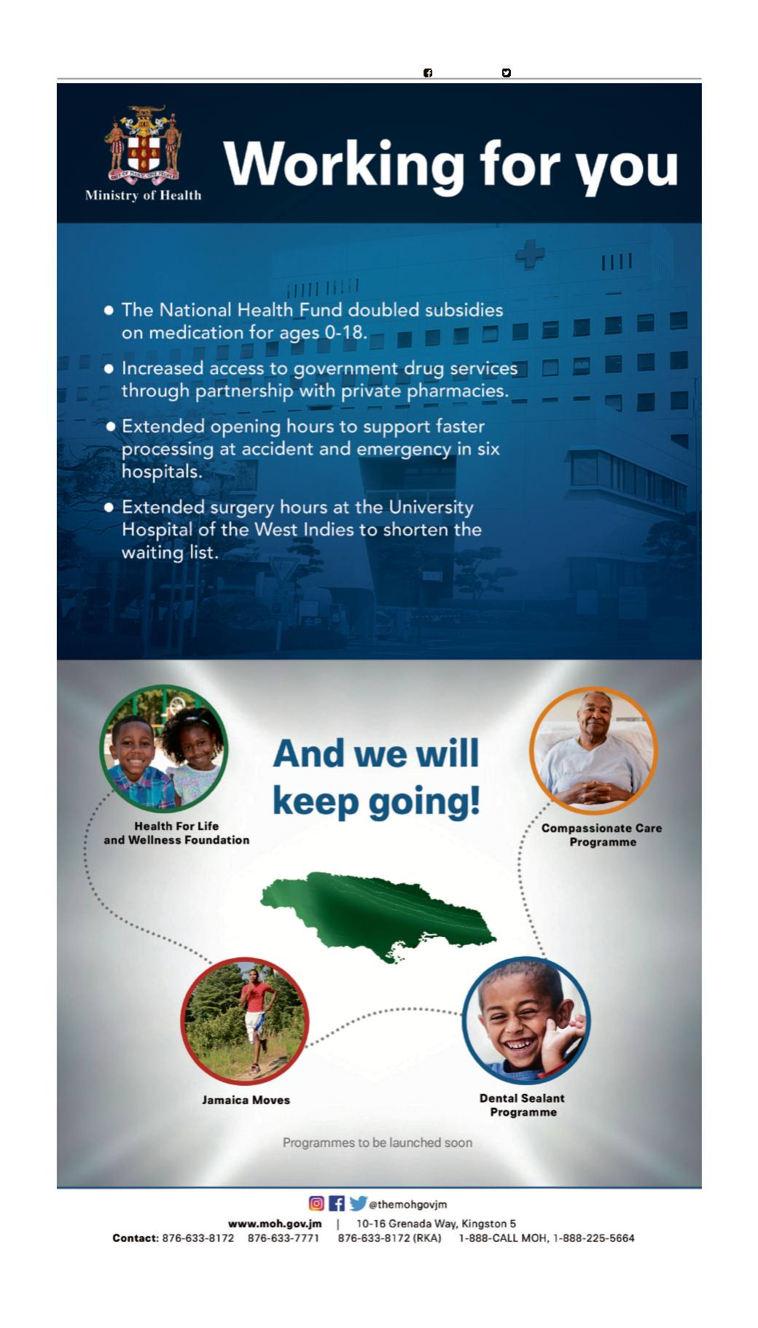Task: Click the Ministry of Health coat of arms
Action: pos(144,144)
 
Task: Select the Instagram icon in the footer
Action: pos(316,1203)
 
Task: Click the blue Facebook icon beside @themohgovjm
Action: pos(337,1203)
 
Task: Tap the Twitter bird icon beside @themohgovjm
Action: pos(358,1203)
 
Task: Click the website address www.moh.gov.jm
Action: pos(275,1224)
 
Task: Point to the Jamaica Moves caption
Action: pos(246,1100)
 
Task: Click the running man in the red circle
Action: pos(254,1020)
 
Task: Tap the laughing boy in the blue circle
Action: pos(526,1020)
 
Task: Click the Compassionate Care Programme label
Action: pos(602,835)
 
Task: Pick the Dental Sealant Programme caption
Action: pos(523,1105)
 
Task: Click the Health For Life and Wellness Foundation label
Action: pos(176,833)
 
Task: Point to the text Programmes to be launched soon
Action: pos(378,1143)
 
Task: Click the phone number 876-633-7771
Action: pos(284,1238)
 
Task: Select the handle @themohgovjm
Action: pos(408,1204)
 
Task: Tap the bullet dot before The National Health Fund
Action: pos(109,310)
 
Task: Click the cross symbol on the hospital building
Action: pos(530,254)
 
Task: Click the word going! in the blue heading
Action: pos(424,802)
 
